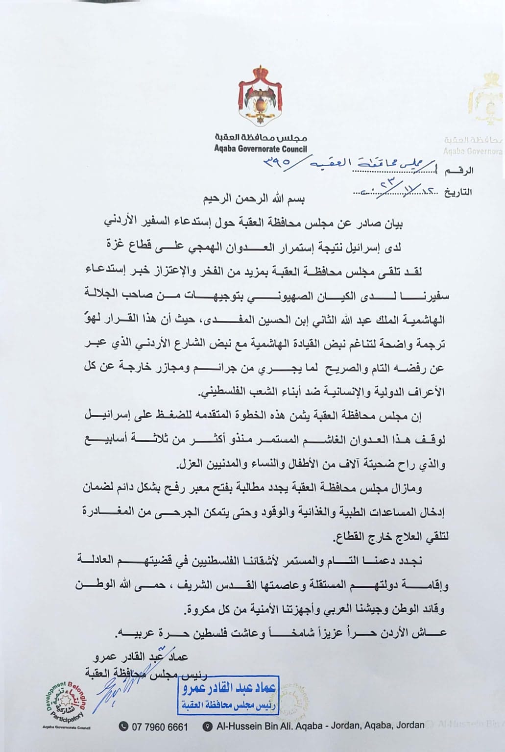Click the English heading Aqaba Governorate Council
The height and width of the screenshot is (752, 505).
(x=260, y=149)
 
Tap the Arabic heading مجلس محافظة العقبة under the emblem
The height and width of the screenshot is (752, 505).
(x=260, y=139)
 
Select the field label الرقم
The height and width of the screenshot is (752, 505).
(x=462, y=171)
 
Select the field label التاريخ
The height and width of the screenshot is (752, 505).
(x=458, y=192)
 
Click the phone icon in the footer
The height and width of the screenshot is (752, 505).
(x=124, y=727)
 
